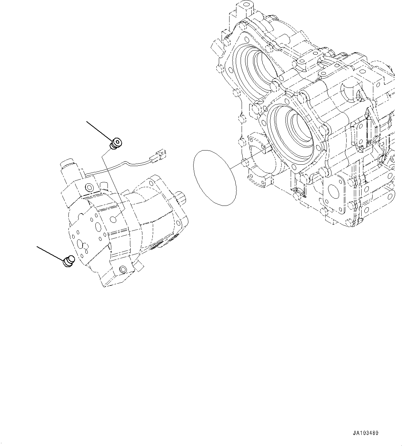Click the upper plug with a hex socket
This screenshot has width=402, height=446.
[116, 143]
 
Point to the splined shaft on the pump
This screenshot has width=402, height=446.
[181, 199]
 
